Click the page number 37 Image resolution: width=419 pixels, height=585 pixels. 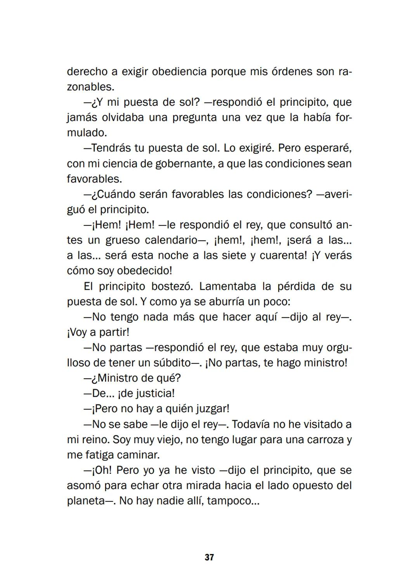pos(209,557)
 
